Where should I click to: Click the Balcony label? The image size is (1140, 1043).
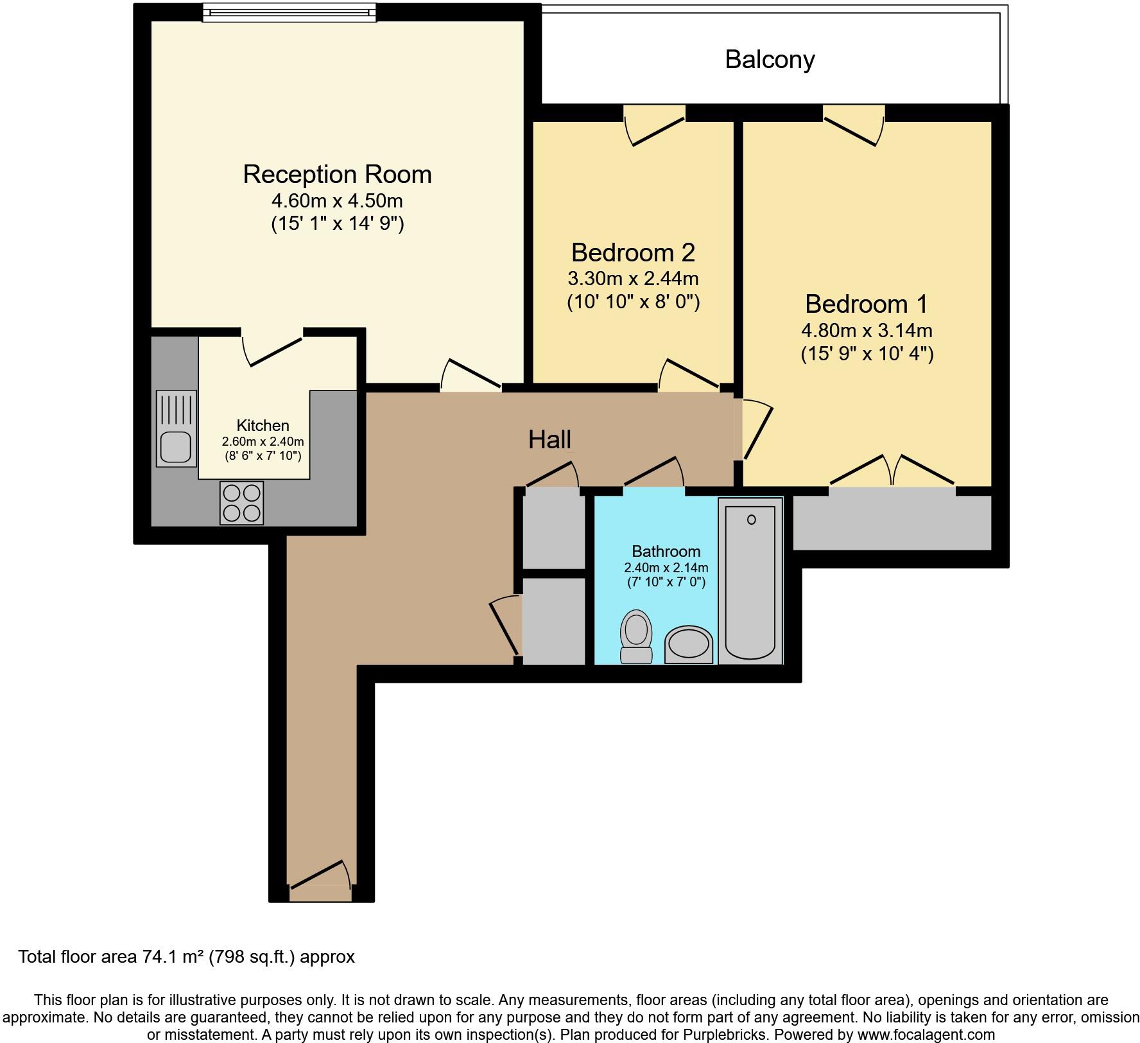tap(769, 60)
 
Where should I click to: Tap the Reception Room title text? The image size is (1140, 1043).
tap(336, 175)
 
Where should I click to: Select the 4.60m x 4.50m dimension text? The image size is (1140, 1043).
tap(336, 201)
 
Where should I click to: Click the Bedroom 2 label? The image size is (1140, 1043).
tap(633, 252)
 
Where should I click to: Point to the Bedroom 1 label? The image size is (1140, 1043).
tap(866, 304)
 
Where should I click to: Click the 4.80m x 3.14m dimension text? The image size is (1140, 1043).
tap(866, 331)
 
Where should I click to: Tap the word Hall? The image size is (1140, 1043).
tap(549, 440)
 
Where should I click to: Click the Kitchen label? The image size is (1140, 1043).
tap(263, 425)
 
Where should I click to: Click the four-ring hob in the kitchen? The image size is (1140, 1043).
tap(241, 503)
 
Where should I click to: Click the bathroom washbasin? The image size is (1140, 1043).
tap(689, 645)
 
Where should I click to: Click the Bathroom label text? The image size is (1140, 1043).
tap(666, 551)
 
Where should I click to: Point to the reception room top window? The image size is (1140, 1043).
tap(289, 13)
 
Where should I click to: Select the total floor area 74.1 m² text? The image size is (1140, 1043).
tap(186, 957)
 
